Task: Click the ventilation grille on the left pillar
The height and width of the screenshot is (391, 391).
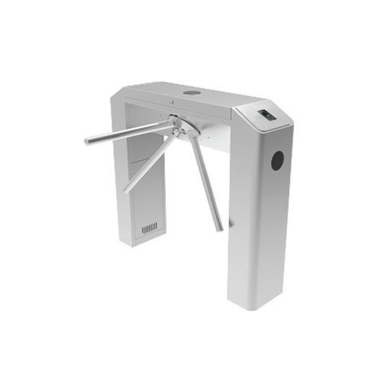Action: [150, 228]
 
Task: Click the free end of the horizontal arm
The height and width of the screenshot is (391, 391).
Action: [88, 141]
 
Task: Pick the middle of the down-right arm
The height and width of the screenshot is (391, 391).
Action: [200, 179]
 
